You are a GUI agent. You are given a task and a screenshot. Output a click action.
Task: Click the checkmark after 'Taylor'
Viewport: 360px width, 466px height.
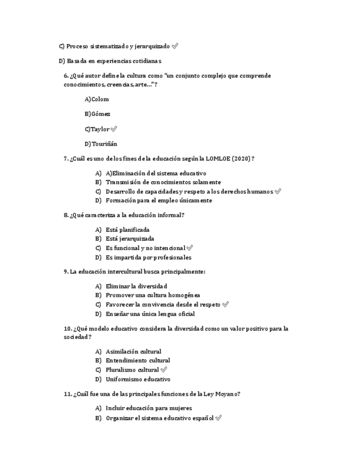click(x=114, y=129)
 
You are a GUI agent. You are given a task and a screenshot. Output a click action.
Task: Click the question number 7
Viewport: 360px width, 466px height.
click(x=66, y=158)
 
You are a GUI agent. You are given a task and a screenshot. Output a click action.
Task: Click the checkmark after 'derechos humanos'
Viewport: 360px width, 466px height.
click(x=278, y=191)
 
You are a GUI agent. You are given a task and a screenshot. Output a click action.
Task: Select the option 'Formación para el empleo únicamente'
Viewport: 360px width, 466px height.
click(x=159, y=201)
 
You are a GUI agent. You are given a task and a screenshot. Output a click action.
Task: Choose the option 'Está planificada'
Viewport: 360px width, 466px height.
click(x=128, y=230)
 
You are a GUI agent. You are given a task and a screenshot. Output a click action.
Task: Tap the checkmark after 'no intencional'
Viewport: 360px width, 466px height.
click(x=190, y=248)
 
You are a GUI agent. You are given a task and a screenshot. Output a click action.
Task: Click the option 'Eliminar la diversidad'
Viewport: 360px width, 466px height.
click(x=136, y=286)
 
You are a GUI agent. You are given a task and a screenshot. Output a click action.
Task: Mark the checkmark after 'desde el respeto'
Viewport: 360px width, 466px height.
click(x=225, y=304)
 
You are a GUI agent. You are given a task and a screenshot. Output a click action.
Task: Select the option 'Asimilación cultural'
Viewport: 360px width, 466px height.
click(x=134, y=351)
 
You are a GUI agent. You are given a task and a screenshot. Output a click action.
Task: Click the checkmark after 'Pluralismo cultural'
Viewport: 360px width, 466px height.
click(x=163, y=370)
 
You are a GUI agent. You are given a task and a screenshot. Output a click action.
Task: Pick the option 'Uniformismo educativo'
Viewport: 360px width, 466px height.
click(x=138, y=379)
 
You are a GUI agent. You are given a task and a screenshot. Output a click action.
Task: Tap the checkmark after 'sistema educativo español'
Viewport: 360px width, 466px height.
click(x=219, y=418)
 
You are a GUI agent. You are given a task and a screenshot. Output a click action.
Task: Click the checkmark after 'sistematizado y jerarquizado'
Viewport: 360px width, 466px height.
click(x=175, y=46)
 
